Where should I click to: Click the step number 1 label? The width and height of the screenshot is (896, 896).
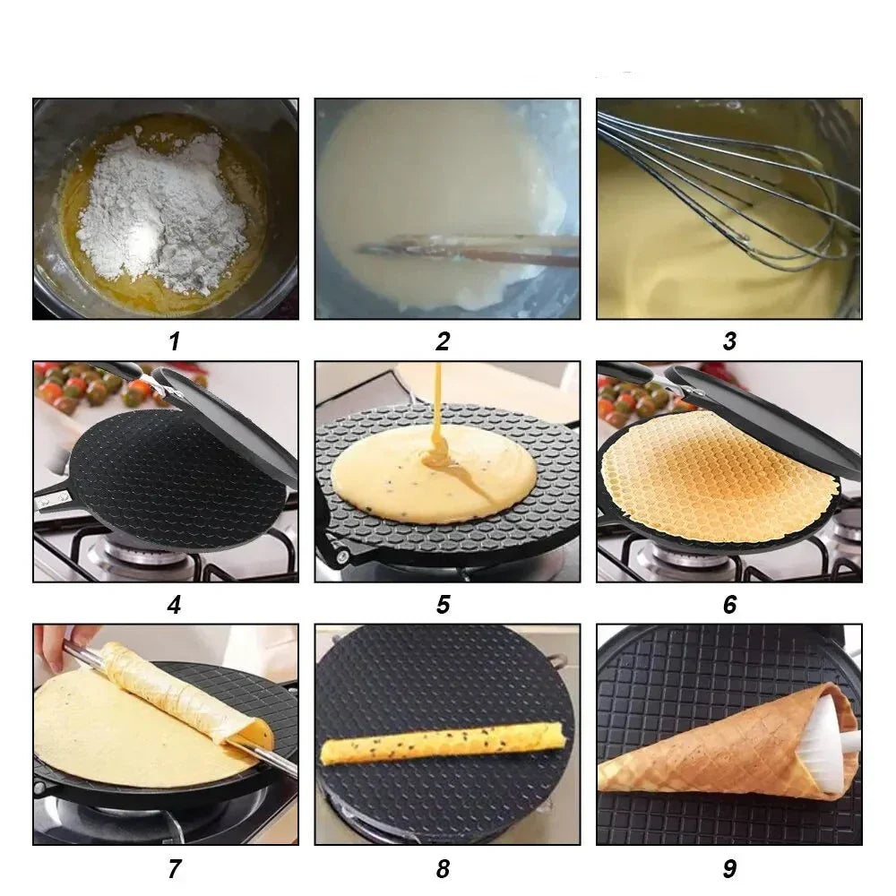175,341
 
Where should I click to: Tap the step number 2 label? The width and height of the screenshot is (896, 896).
443,341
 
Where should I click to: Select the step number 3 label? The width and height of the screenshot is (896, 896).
729,341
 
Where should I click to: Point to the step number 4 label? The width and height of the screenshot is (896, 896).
175,605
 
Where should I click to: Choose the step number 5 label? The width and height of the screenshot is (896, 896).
444,605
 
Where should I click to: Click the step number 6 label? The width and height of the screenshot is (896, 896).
729,605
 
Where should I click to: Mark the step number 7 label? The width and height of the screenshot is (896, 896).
175,868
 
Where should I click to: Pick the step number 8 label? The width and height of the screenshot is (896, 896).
443,868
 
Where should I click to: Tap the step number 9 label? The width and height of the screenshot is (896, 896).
729,868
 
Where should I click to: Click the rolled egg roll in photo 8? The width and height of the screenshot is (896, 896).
444,743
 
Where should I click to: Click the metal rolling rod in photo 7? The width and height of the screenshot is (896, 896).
171,709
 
